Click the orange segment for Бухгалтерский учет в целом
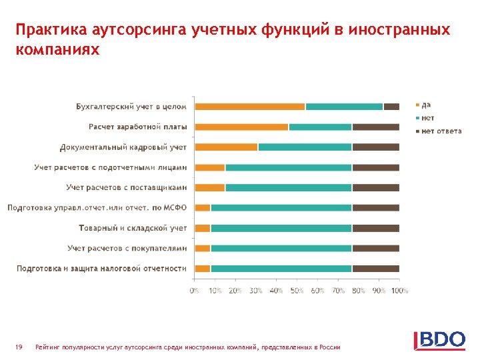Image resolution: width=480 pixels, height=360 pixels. [x=249, y=107]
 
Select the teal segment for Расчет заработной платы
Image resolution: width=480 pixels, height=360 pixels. [x=320, y=127]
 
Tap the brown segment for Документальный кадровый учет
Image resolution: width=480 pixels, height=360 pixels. [x=375, y=147]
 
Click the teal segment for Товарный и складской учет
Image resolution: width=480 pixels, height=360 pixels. [x=281, y=228]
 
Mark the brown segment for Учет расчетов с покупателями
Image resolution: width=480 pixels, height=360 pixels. [x=375, y=248]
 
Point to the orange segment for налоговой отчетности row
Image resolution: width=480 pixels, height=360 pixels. [x=202, y=269]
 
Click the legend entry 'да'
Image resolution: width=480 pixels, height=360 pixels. [x=426, y=105]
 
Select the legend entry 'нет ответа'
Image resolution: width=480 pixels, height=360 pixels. [x=441, y=131]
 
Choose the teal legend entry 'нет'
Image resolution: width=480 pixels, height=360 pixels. [x=427, y=118]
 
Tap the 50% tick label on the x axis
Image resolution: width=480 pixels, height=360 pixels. [x=297, y=291]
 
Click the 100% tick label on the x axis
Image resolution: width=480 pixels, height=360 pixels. [x=399, y=291]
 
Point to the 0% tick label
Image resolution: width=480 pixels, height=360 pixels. [x=194, y=291]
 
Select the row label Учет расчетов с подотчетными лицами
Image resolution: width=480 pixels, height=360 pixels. [x=111, y=167]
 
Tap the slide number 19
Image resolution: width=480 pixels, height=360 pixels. [x=19, y=347]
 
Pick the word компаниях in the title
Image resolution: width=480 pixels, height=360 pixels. [x=58, y=50]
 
